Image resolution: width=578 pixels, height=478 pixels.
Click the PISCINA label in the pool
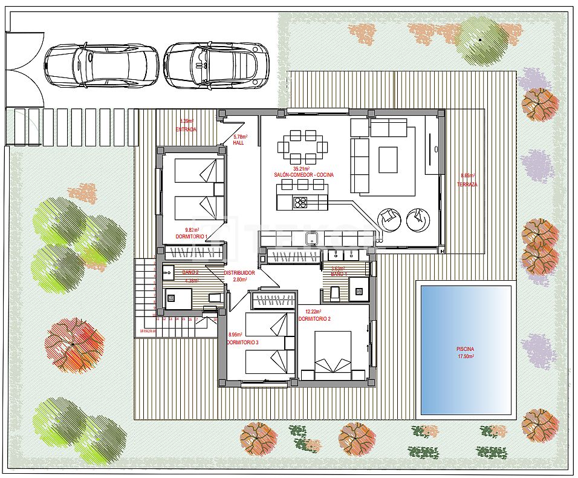coord(465,349)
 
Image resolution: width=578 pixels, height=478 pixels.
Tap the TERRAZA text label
coord(467,184)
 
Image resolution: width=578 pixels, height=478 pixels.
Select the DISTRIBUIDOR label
coord(239,273)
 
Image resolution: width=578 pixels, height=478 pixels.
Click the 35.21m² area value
coord(301,168)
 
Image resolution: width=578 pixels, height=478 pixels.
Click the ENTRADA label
coord(186,129)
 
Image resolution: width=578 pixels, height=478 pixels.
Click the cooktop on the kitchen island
coord(300,202)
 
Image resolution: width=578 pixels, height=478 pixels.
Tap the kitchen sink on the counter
coord(312,238)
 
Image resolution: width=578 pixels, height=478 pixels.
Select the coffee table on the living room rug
coord(388,160)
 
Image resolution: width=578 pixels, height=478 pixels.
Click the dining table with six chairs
coord(303,146)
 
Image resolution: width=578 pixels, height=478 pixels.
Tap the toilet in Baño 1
coord(336,294)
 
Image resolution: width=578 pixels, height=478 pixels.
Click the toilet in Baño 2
coord(213,297)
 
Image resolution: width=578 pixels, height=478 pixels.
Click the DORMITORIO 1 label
coord(192,237)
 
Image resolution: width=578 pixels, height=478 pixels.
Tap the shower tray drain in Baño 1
coord(359,291)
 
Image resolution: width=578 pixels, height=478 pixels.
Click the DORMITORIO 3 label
coord(242,342)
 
